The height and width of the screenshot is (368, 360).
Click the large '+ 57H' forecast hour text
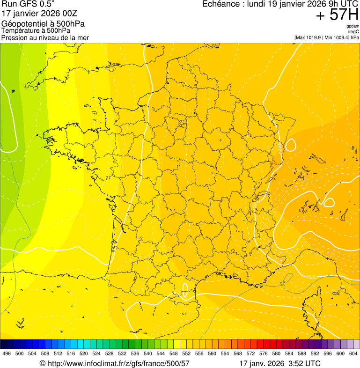[x=337, y=15]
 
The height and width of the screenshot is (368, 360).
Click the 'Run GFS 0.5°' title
[x=28, y=4]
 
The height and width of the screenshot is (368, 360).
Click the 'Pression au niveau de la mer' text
[x=45, y=37]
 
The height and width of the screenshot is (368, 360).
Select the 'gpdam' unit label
[x=353, y=26]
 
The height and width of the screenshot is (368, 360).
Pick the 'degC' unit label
[x=353, y=32]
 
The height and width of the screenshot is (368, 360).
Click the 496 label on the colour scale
[x=7, y=353]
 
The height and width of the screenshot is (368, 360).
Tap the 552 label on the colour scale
[x=186, y=353]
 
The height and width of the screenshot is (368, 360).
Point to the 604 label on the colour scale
[x=353, y=353]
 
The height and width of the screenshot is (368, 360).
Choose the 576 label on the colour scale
[x=263, y=353]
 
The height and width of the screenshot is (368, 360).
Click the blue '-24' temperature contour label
[x=283, y=283]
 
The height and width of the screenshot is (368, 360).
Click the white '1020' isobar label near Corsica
[x=311, y=277]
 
